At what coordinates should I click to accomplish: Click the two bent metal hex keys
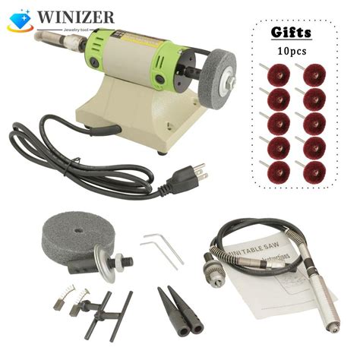click(x=163, y=247)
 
